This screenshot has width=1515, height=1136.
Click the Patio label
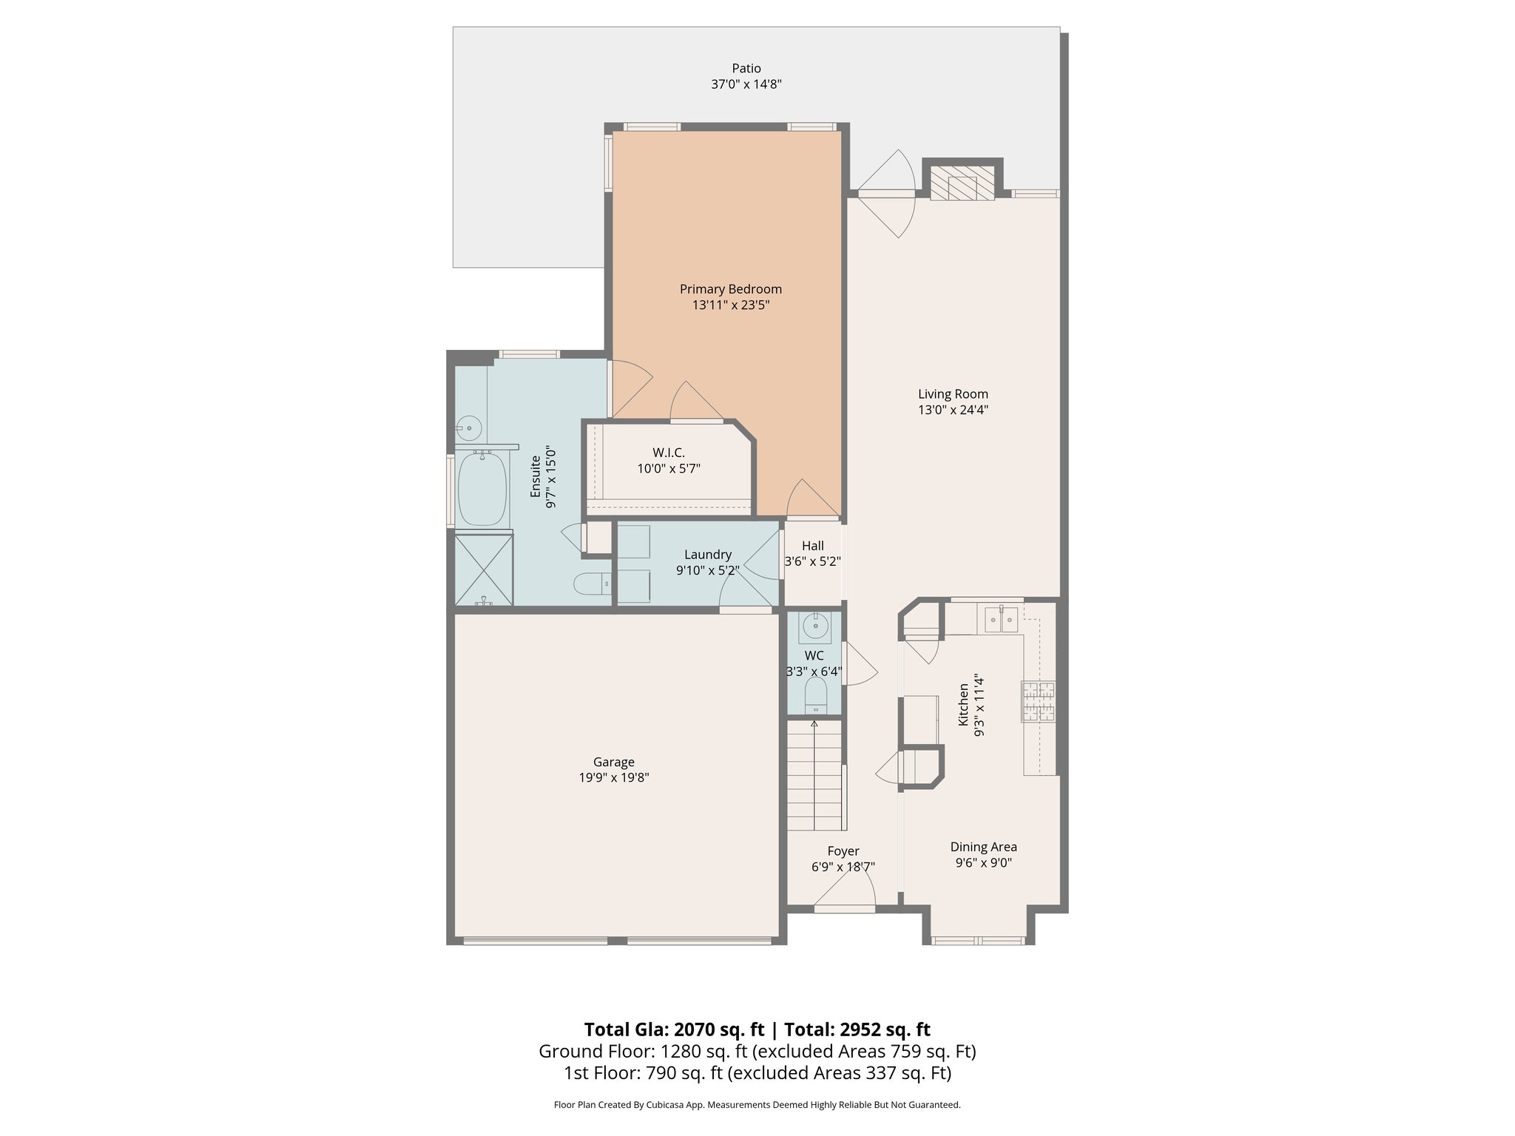point(746,69)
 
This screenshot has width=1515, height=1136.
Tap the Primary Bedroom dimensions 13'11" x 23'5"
point(730,305)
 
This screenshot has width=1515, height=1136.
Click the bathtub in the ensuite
point(482,488)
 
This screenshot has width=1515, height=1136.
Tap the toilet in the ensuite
point(593,584)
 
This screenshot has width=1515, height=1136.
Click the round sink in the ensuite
point(468,428)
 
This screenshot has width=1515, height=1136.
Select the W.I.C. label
point(668,453)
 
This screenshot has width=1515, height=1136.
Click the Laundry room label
point(707,555)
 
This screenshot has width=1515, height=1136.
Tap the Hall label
point(812,546)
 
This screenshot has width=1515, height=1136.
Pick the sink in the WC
point(815,627)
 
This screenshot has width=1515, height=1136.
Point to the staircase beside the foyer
point(814,777)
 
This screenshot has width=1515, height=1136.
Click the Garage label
point(613,762)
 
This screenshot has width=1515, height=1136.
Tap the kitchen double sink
point(1001,619)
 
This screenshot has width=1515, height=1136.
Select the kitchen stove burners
point(1039,701)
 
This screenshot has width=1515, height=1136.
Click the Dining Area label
point(983,847)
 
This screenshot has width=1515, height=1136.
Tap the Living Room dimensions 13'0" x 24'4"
point(953,410)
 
